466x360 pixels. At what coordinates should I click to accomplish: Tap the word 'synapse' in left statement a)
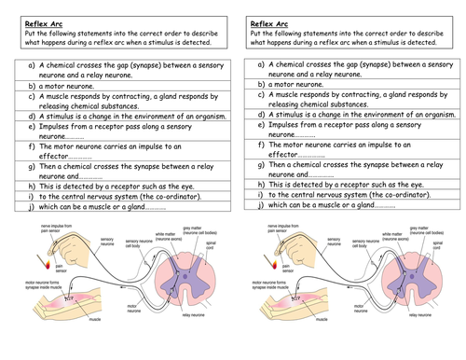click(142, 67)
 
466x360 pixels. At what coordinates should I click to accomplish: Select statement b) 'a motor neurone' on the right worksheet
click(299, 84)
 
